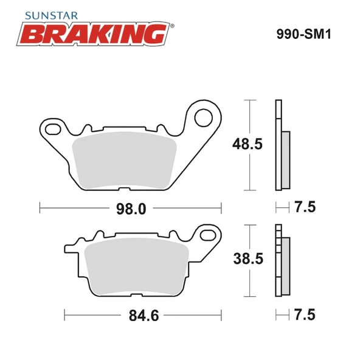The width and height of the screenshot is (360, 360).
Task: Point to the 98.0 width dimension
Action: pos(130,209)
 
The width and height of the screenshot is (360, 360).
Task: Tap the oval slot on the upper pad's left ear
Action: pos(53,130)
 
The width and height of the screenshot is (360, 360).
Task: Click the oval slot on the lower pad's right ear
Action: pos(209,235)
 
